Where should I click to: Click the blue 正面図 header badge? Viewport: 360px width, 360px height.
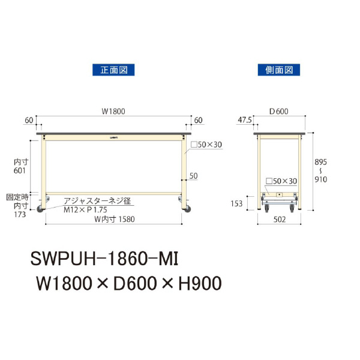(x=113, y=70)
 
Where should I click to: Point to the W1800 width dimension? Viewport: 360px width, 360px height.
(x=113, y=111)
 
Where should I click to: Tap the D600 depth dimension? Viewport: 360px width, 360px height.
(x=278, y=111)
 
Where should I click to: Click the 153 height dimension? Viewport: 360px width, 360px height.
(x=236, y=204)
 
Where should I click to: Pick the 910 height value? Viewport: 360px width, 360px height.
(x=323, y=179)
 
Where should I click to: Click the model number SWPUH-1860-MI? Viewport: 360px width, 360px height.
(x=105, y=260)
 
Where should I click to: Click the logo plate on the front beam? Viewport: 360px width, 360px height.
(x=114, y=138)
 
